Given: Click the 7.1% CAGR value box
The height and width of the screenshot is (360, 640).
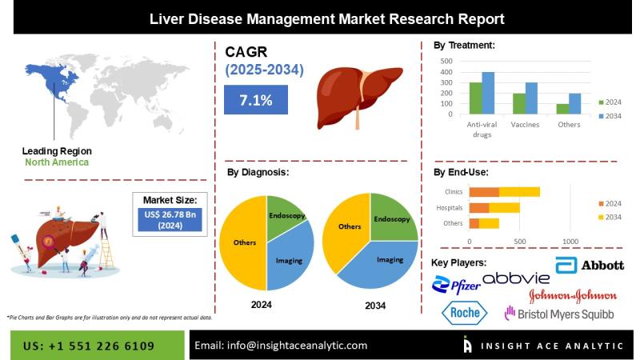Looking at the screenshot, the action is click(256, 99).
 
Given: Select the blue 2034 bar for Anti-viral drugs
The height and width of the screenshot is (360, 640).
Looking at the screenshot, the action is click(488, 93).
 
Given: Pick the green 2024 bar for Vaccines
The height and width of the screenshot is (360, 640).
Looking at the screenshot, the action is click(519, 104).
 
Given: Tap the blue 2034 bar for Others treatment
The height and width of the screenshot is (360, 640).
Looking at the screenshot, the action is click(574, 104).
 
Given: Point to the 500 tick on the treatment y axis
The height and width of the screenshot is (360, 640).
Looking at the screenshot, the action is click(446, 62).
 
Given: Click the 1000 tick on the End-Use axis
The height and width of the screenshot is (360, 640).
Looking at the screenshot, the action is click(570, 242).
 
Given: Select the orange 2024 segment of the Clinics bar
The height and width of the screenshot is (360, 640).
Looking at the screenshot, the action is click(484, 192).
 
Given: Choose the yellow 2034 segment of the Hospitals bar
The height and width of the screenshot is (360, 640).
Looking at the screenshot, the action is click(505, 208).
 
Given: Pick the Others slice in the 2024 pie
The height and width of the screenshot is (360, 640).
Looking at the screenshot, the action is click(243, 243).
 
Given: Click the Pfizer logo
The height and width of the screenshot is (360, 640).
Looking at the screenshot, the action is click(456, 285).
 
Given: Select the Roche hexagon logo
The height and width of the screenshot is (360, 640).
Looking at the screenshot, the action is click(465, 313).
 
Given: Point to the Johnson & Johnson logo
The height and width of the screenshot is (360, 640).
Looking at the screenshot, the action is click(573, 295).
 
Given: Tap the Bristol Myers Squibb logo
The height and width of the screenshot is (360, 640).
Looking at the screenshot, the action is click(559, 314).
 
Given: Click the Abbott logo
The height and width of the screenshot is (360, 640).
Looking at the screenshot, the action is click(590, 266).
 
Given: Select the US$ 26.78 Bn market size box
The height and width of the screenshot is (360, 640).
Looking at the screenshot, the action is click(170, 219).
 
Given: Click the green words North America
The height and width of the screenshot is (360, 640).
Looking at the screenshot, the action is click(57, 162).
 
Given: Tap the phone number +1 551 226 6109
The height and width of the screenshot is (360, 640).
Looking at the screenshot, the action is click(102, 346).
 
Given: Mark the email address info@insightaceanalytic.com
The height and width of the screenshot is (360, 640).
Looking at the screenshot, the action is click(297, 346).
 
